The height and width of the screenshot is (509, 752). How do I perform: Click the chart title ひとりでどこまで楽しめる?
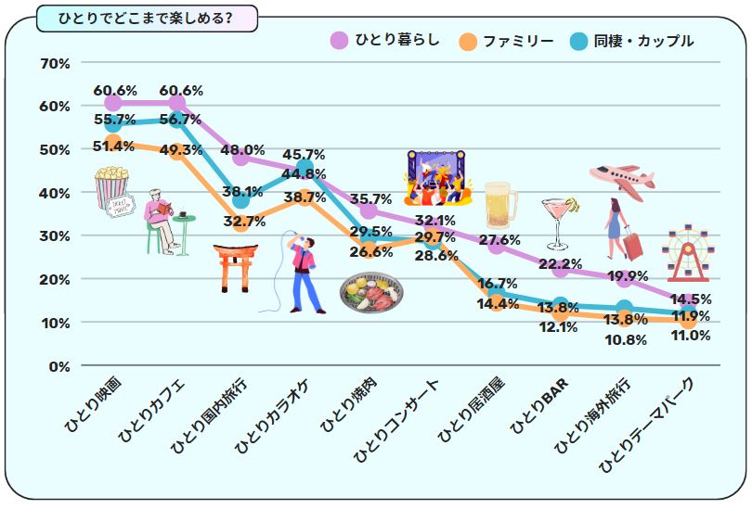(145, 18)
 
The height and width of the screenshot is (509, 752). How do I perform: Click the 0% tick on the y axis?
(58, 365)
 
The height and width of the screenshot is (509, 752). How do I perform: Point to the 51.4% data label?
(114, 146)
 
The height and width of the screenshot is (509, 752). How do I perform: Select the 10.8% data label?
(625, 339)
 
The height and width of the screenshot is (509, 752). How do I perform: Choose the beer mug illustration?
(499, 206)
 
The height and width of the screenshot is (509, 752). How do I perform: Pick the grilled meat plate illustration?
(371, 293)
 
